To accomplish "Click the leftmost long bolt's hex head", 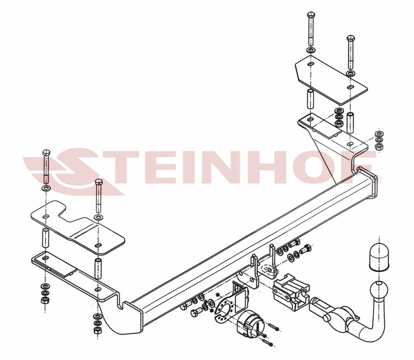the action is [46, 153].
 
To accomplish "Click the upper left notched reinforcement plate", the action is [77, 227].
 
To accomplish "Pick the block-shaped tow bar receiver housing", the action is [291, 290].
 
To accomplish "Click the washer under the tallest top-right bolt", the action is [311, 50].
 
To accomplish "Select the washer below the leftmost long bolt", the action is [46, 189].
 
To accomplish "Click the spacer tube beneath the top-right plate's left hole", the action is [310, 99].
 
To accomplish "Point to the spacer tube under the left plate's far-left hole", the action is [46, 238].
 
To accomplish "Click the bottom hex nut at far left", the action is [45, 300].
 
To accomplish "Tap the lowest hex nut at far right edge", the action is [379, 147].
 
